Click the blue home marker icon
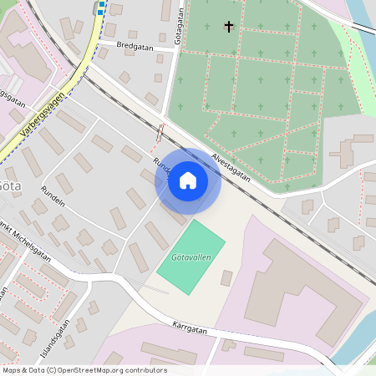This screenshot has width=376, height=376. point(188,180)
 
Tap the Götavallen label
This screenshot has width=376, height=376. point(191,257)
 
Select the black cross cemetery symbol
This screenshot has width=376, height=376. point(229,27)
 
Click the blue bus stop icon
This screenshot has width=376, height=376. point(101,7)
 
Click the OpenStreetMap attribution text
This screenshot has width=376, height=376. point(84,370)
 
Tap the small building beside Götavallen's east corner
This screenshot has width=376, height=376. point(226,277)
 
